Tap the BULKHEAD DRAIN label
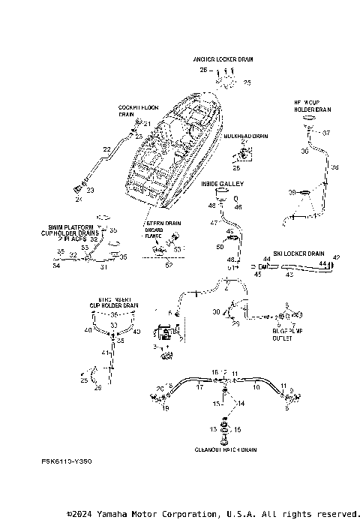[246, 137]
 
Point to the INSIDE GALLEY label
[223, 182]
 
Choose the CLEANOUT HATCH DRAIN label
[226, 450]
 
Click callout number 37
[326, 133]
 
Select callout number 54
[55, 264]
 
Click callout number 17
[199, 388]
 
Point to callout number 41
[105, 352]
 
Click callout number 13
[213, 428]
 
